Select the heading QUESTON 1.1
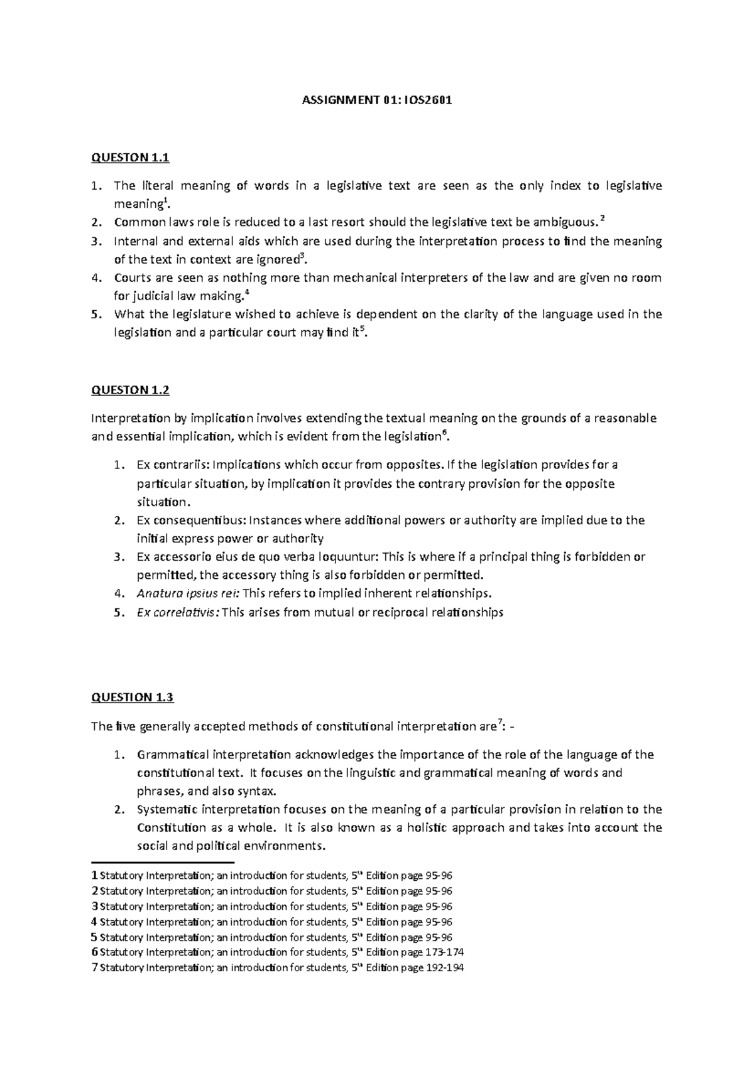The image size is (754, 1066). pos(130,158)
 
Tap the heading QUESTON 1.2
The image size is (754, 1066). pos(130,390)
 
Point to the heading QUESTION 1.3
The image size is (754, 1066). pos(132,697)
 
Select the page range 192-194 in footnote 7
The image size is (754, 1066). pos(445,967)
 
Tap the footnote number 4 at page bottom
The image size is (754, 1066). pos(94,922)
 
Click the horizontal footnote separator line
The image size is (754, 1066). pos(162,863)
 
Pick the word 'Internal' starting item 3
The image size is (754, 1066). pos(133,241)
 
